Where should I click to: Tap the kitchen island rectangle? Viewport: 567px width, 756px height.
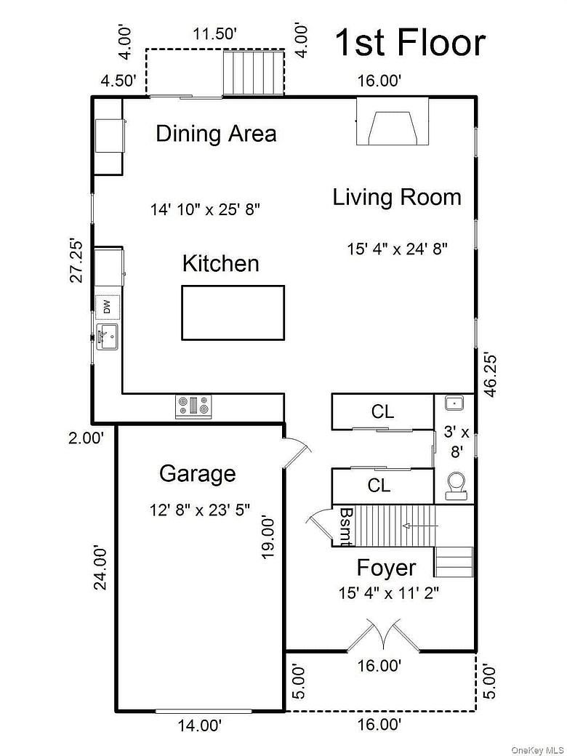233,313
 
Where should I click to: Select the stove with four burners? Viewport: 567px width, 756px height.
194,406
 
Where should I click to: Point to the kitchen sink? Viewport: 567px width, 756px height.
106,337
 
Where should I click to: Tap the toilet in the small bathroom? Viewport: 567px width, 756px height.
456,485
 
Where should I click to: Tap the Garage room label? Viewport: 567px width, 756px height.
197,474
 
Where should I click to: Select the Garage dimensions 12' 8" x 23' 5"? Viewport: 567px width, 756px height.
200,510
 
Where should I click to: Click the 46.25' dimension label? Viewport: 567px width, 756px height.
491,374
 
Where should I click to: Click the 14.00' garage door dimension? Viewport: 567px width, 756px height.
199,725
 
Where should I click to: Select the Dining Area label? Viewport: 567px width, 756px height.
216,134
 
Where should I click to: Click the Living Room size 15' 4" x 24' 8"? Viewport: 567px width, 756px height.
397,249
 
